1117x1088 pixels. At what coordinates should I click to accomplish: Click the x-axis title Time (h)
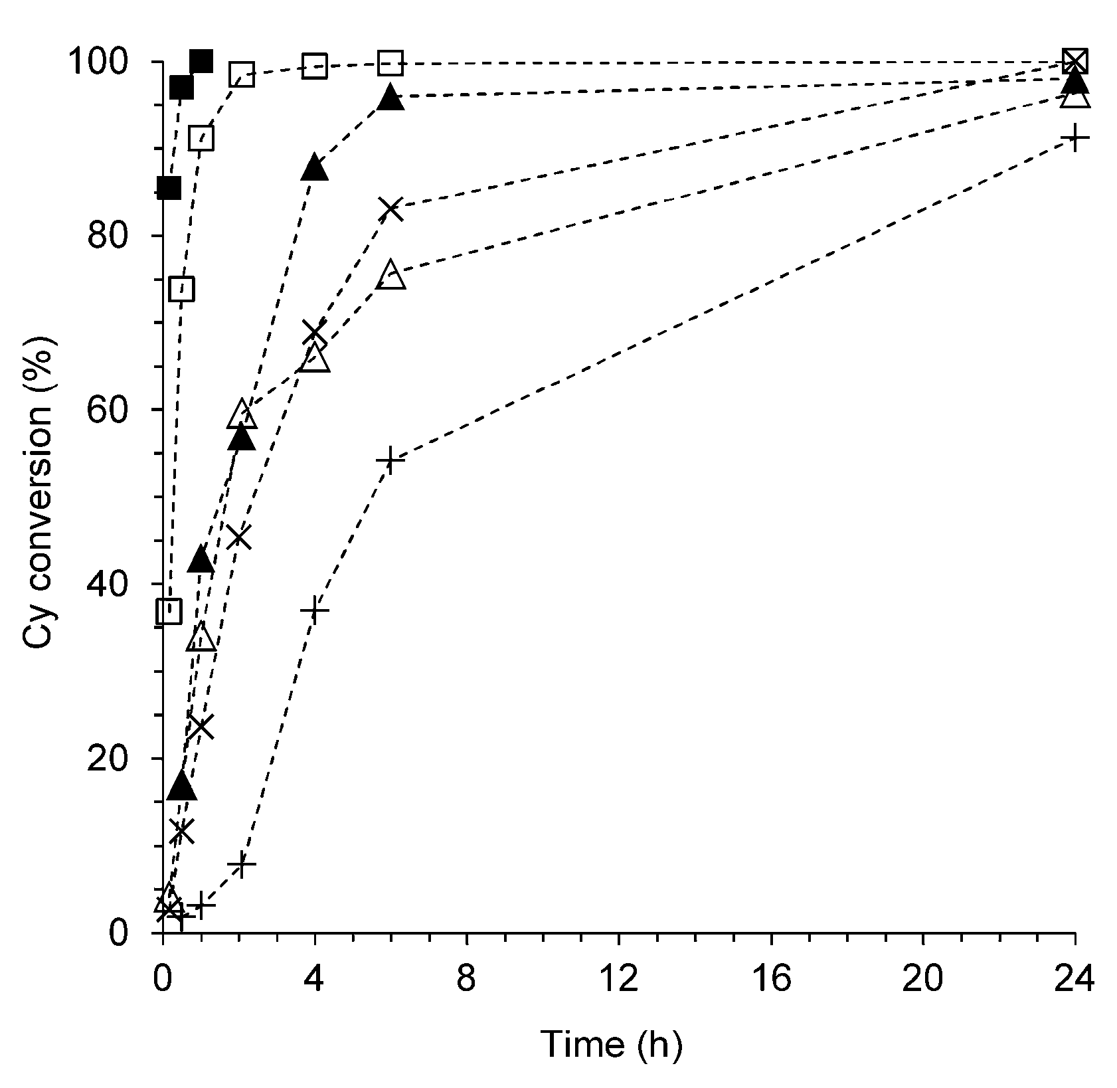click(610, 1044)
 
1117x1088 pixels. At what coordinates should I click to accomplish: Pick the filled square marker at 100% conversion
click(201, 61)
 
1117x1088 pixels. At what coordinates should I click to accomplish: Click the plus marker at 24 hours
click(1074, 138)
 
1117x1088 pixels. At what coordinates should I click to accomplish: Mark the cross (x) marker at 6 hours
click(392, 208)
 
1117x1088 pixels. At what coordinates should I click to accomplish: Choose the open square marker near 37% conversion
click(169, 610)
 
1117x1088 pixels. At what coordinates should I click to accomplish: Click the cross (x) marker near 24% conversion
click(201, 727)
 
